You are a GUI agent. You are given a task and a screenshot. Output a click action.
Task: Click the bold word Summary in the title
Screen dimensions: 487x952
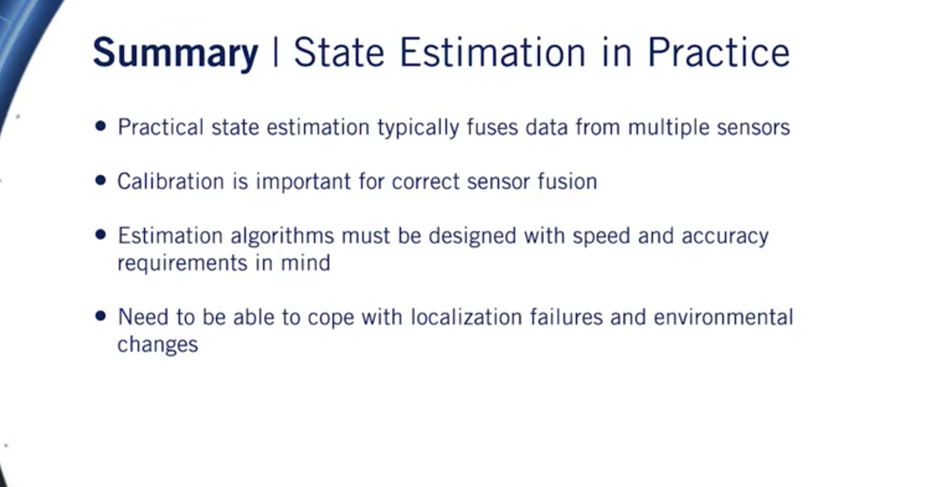[176, 52]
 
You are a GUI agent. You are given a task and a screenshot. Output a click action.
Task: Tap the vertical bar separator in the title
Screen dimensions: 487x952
[276, 52]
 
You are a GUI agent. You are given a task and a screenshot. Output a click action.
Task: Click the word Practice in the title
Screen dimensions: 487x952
[719, 52]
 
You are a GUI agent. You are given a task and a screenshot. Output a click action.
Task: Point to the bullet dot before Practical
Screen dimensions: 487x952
[101, 126]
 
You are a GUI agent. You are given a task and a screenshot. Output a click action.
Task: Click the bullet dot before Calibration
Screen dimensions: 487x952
[101, 180]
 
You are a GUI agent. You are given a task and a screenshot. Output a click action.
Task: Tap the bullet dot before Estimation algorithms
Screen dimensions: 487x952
[101, 235]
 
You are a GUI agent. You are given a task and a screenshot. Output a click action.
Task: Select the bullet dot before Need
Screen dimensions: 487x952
[101, 316]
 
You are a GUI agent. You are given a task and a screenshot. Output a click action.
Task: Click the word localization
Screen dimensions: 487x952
[467, 317]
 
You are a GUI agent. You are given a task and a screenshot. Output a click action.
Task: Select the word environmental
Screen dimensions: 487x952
[723, 317]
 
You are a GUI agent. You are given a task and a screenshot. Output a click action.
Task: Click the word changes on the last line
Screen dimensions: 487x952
[158, 344]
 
